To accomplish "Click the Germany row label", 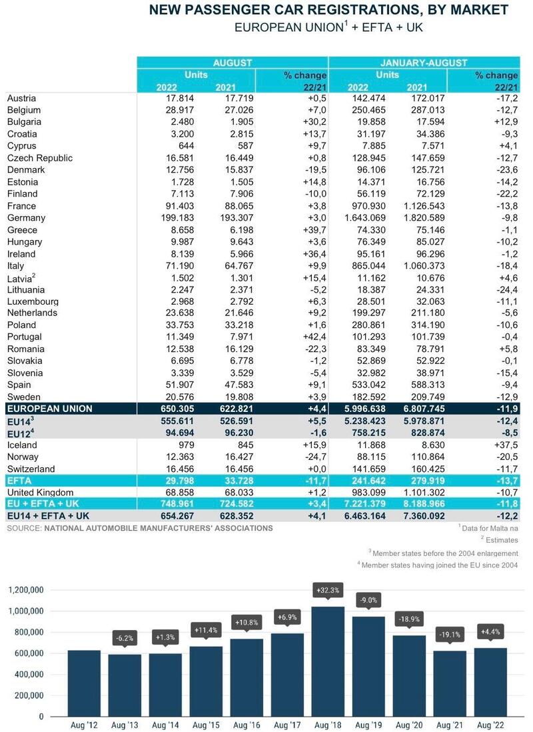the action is pos(26,218).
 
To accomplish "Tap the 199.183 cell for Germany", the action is pos(177,218).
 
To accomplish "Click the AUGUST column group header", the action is pos(233,63).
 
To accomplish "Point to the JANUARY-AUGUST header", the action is pos(424,63).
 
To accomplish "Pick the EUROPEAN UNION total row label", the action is pos(49,409).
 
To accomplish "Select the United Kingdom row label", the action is pos(40,493).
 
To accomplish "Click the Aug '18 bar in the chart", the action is pos(328,661).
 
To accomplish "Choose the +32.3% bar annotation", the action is pos(328,590).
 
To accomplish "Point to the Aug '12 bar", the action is pos(84,683).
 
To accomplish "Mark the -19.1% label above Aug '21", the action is pos(450,635).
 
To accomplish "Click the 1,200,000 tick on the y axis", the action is pos(26,590).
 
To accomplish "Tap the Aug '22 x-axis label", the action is pos(490,725).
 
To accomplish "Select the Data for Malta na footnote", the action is pos(489,528).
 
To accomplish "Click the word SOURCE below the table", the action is pos(24,529).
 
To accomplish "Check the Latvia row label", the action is pos(21,279).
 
